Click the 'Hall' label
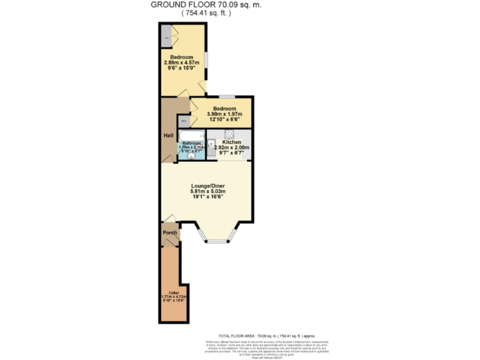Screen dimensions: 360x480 click(168, 136)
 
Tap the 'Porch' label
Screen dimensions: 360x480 click(170, 233)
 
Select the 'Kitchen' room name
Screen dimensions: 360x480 click(231, 142)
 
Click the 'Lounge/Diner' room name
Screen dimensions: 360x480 click(207, 186)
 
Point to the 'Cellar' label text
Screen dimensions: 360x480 click(166, 291)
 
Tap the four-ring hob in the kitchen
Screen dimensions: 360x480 click(229, 134)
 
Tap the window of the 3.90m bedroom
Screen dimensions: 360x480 click(226, 97)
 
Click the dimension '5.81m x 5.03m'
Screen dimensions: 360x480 click(207, 192)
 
